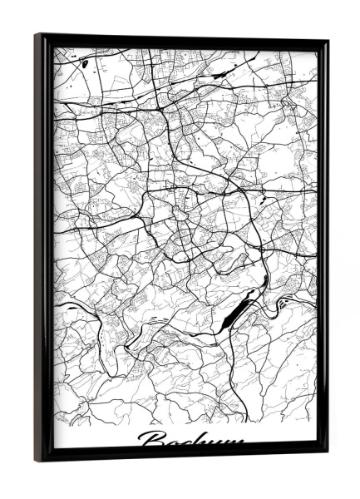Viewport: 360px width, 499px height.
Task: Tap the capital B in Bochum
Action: coord(150,440)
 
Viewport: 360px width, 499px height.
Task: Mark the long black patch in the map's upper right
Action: coord(223,74)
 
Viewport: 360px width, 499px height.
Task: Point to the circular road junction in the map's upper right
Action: coord(287,105)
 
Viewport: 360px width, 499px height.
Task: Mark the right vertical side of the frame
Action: coord(323,249)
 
